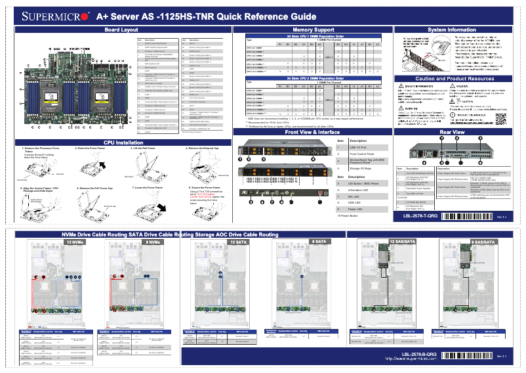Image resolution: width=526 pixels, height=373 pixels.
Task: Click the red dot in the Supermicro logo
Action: point(85,16)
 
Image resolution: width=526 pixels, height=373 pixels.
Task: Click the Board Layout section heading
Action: point(121,30)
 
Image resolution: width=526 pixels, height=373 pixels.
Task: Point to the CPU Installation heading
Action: point(121,142)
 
